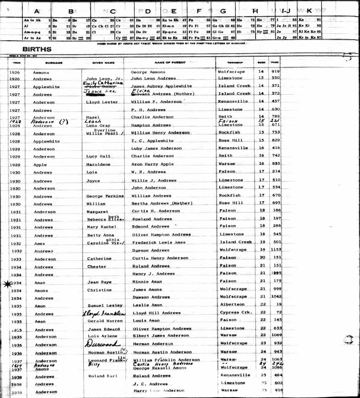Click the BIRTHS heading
pos(37,49)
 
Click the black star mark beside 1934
pos(6,284)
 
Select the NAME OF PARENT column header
pos(170,63)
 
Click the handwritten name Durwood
pos(102,344)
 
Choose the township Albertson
pos(232,305)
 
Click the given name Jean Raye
pos(99,282)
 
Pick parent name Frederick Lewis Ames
pos(159,242)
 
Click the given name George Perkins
pos(105,196)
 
